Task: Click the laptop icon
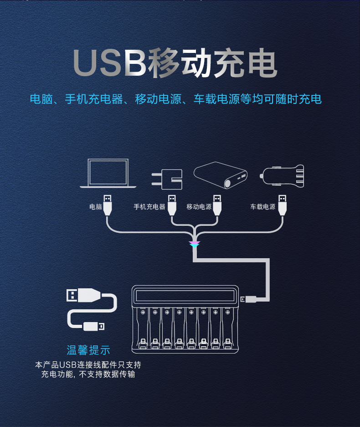[108, 173]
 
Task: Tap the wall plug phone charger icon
[167, 179]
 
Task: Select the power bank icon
[221, 175]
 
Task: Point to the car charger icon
[282, 176]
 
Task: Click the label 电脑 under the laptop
[96, 207]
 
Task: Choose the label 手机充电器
[149, 207]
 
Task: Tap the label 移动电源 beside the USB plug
[199, 207]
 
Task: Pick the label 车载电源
[263, 207]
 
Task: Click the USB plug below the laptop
[108, 205]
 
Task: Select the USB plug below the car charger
[283, 205]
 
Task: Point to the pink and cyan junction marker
[195, 244]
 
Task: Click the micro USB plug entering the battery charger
[248, 299]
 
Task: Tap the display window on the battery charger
[185, 296]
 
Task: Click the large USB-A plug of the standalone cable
[83, 295]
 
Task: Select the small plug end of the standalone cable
[93, 326]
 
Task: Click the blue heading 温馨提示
[88, 350]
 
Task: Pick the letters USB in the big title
[110, 63]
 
